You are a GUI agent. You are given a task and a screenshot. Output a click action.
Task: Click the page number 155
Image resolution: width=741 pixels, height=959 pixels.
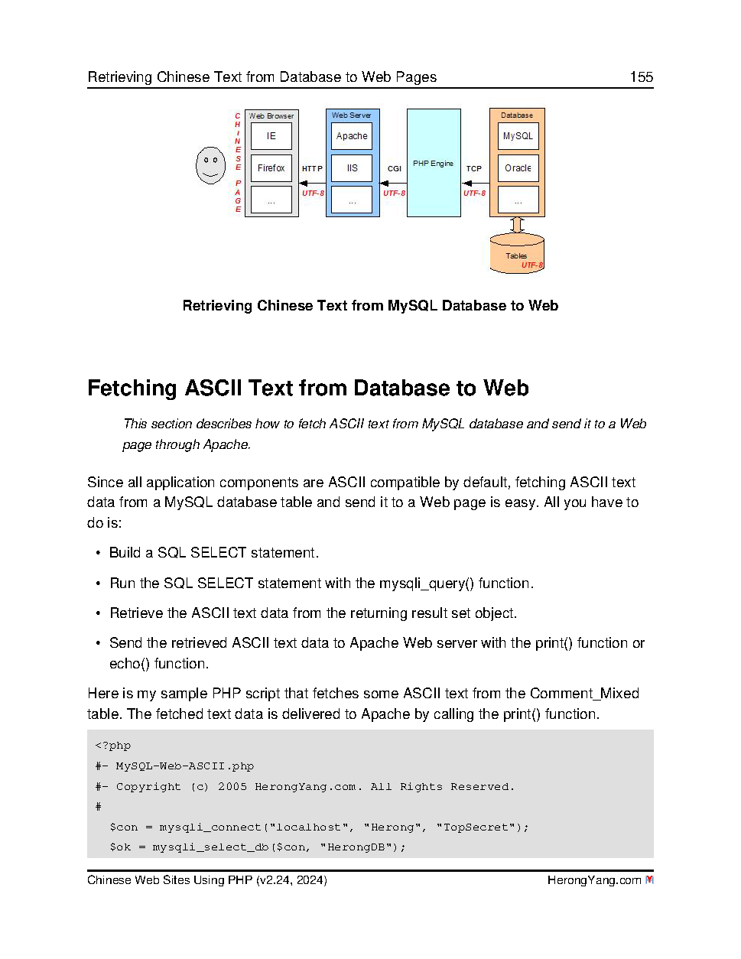tap(641, 77)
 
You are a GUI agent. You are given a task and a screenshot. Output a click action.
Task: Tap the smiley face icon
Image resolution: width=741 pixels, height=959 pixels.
tap(210, 164)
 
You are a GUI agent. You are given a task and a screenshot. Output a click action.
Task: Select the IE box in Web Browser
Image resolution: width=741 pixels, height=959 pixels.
tap(271, 136)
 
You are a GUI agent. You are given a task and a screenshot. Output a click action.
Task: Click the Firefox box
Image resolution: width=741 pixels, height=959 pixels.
tap(271, 168)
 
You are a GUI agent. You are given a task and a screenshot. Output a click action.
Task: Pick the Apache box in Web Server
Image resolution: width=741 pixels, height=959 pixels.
tap(352, 136)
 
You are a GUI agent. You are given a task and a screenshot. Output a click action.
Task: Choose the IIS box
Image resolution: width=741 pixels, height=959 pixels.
tap(352, 168)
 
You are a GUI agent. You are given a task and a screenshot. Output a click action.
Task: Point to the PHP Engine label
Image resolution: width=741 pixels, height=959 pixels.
tap(433, 164)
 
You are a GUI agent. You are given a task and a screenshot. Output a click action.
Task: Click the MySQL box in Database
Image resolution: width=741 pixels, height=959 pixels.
tap(518, 136)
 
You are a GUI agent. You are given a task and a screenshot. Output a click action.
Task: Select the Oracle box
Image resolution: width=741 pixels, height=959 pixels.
tap(518, 168)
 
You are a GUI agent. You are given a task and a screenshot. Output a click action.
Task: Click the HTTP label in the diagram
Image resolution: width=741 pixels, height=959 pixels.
tap(312, 169)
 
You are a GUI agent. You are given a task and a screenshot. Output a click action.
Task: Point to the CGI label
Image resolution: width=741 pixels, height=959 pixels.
tap(394, 169)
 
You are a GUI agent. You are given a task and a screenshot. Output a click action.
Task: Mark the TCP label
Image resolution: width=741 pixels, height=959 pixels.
tap(474, 169)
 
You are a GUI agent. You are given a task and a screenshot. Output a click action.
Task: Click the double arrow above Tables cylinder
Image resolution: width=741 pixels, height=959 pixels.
tap(518, 225)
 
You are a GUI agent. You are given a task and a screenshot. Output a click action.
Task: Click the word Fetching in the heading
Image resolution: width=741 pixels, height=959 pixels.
tap(132, 388)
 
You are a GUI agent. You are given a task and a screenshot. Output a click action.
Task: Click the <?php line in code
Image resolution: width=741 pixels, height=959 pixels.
tap(113, 746)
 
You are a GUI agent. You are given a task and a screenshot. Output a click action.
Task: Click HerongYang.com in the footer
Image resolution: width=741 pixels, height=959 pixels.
tap(593, 880)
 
